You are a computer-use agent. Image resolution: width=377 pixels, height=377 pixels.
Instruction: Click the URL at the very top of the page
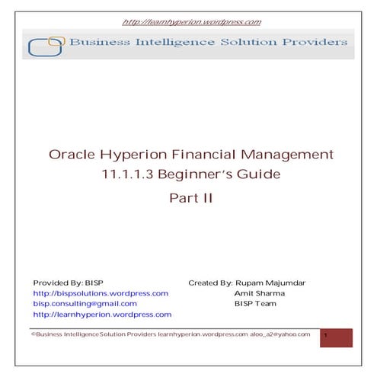click(188, 23)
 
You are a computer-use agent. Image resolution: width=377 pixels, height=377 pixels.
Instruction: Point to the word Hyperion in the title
click(134, 155)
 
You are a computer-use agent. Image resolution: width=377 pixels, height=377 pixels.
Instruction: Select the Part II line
click(188, 196)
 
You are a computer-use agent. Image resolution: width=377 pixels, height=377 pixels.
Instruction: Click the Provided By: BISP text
click(69, 283)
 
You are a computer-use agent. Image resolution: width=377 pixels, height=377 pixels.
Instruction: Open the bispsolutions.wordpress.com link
click(101, 292)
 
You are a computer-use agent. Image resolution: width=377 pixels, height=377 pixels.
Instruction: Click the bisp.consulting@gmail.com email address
click(85, 303)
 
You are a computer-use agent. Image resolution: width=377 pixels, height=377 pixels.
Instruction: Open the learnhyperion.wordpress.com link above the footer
click(102, 314)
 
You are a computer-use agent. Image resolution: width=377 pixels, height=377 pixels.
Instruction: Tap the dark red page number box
click(336, 337)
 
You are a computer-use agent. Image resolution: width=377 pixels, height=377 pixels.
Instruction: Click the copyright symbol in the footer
click(33, 334)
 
